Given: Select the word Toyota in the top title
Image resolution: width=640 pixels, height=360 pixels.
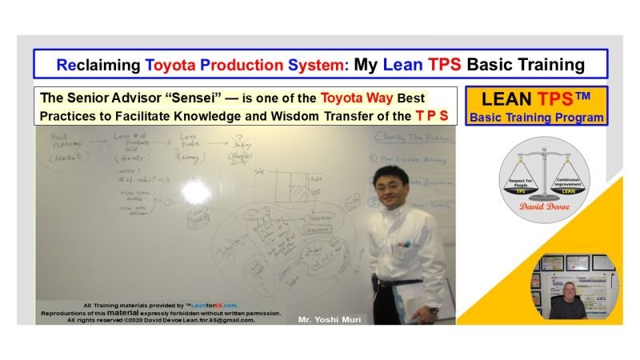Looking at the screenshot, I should [175, 64].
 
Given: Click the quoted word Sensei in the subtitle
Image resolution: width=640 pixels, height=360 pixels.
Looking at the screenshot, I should [181, 98].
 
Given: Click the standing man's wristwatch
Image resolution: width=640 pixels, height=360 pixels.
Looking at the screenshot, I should [433, 309].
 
